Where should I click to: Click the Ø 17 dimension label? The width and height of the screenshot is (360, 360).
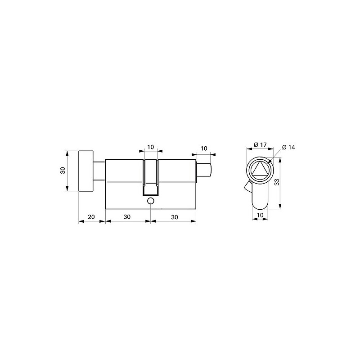tap(260, 144)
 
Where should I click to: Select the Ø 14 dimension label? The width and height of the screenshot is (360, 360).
tap(288, 147)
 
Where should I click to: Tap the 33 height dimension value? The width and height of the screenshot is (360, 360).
tap(277, 182)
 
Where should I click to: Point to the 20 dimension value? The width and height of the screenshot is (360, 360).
tap(91, 217)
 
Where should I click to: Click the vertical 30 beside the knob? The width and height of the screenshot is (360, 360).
tap(63, 171)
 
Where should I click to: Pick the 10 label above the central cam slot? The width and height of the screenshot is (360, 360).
tap(151, 147)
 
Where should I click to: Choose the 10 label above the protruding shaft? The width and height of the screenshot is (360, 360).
tap(204, 148)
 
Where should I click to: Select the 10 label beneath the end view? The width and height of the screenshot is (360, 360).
tap(260, 215)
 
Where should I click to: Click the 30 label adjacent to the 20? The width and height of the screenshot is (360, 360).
tap(127, 217)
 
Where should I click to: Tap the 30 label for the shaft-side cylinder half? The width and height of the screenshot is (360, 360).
tap(175, 217)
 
